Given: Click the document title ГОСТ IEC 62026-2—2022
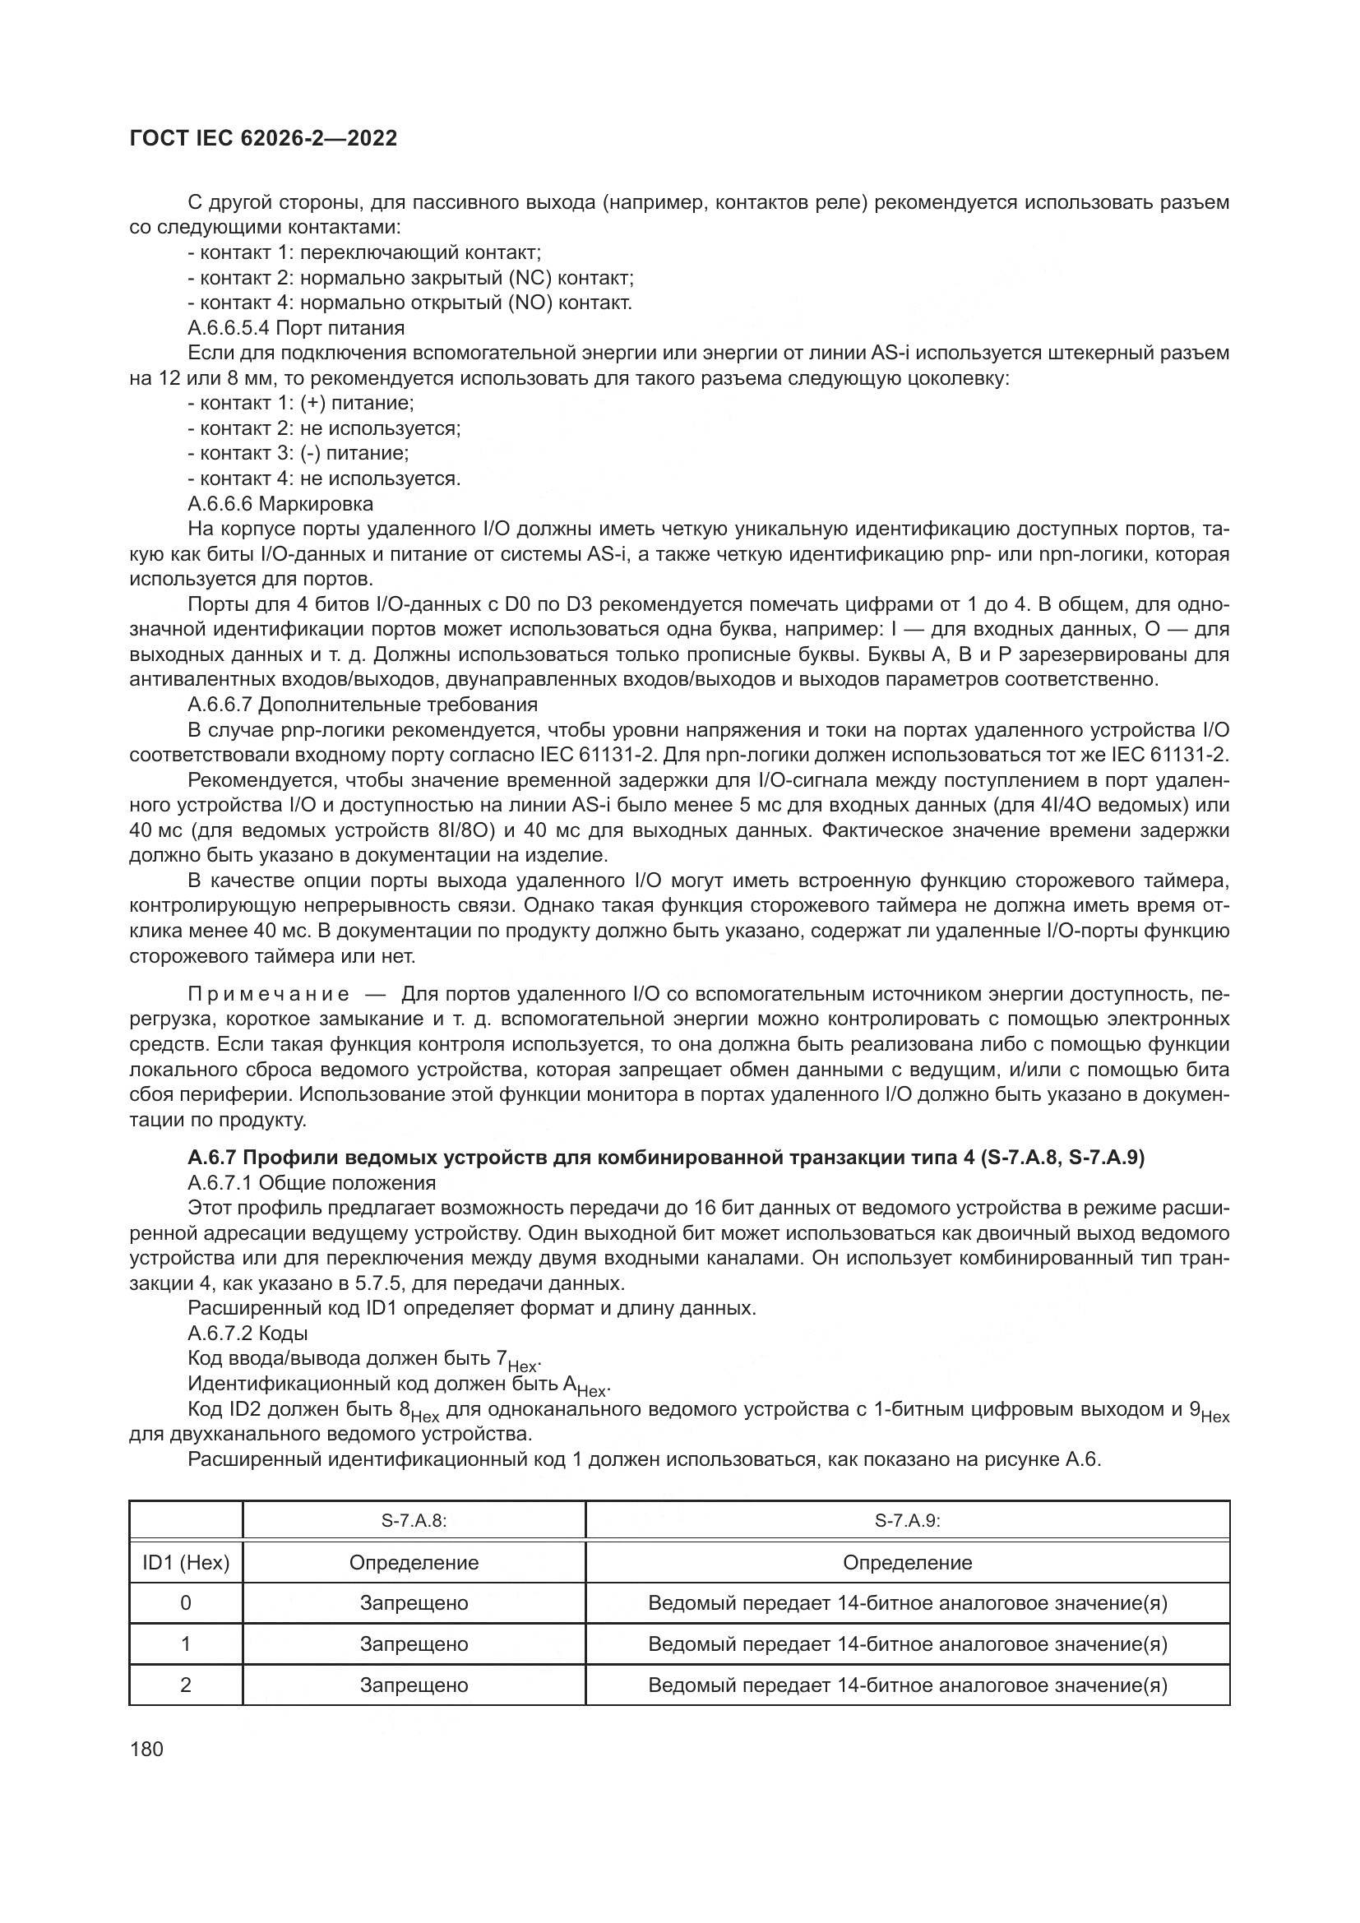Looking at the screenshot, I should coord(263,139).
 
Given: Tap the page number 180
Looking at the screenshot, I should coord(146,1749).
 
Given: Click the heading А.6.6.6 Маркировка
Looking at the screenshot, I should coord(280,503).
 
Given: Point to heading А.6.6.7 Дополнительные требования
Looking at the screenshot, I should coord(362,704).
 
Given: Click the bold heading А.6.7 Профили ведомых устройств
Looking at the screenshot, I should coord(666,1158).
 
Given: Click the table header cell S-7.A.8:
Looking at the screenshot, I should coord(414,1520).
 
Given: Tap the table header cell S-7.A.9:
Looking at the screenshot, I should coord(907,1520).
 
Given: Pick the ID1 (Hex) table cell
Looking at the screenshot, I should coord(186,1562).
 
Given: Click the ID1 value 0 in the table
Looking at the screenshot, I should coord(186,1602).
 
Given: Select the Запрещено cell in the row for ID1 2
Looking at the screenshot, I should coord(414,1685).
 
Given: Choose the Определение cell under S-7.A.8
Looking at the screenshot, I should coord(414,1562).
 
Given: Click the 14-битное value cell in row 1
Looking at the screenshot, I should coord(907,1643).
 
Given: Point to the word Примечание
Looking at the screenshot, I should coord(268,994).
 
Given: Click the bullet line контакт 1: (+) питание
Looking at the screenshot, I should coord(301,403).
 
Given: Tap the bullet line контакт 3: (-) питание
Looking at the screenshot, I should coord(298,453).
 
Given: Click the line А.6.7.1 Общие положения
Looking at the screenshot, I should coord(312,1182).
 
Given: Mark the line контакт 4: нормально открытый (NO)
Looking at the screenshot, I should coord(409,303).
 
